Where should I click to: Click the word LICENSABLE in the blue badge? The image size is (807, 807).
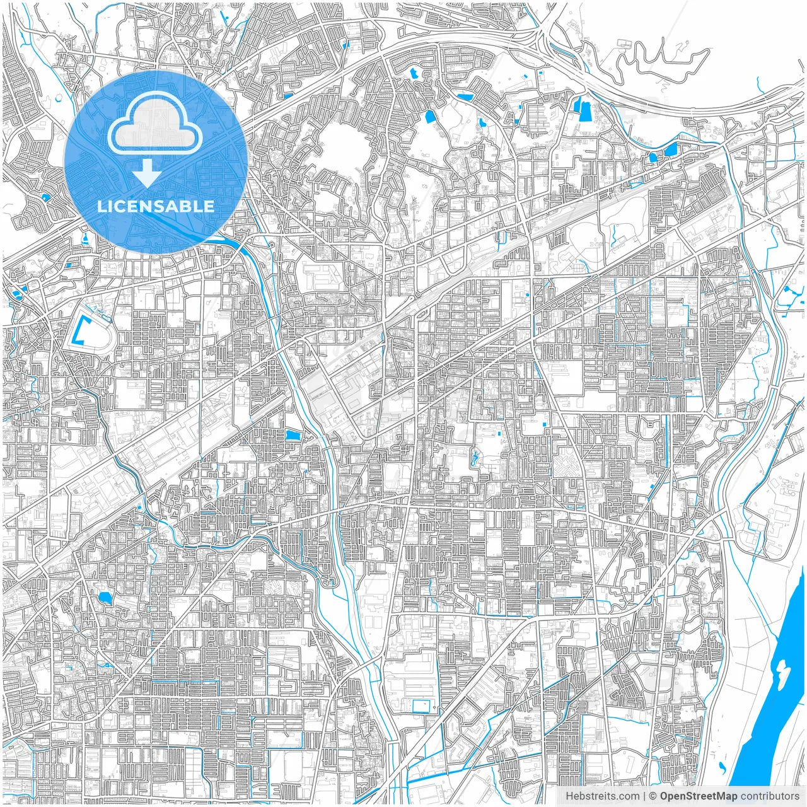pos(155,206)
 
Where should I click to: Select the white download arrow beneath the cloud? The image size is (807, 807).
pos(147,173)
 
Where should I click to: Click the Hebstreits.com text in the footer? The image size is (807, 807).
pos(602,796)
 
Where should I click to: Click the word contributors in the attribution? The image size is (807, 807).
pos(770,796)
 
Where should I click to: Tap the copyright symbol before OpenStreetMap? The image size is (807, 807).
pos(653,796)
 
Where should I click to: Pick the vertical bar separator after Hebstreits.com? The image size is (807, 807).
pos(644,796)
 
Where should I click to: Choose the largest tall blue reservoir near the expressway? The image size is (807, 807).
pos(581,110)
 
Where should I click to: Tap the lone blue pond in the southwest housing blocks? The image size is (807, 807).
pos(104,597)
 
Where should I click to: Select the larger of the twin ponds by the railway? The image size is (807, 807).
pos(670,149)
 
